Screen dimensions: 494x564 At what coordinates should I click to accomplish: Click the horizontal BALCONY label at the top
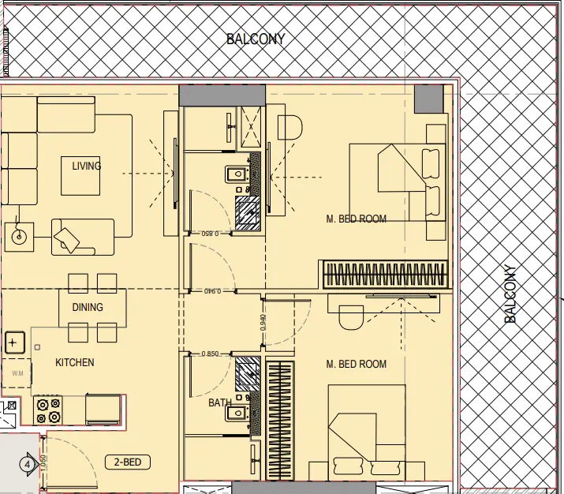click(x=256, y=39)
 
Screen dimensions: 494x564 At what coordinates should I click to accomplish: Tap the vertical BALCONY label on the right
click(x=510, y=294)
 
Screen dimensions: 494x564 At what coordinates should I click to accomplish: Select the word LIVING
click(x=86, y=166)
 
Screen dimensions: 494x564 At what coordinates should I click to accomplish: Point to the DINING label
click(x=88, y=307)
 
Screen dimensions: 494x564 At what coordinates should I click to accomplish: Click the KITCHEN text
click(x=74, y=362)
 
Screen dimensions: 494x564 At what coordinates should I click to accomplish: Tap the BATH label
click(x=219, y=402)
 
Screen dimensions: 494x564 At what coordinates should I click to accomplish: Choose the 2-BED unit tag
click(x=128, y=462)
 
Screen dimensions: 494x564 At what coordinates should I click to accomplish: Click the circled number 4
click(x=28, y=464)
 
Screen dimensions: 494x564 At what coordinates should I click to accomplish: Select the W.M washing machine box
click(x=16, y=373)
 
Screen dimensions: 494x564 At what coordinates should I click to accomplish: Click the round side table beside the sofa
click(x=19, y=234)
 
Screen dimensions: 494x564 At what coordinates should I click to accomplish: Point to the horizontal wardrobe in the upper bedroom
click(x=386, y=275)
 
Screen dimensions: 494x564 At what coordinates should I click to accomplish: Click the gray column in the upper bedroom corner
click(x=428, y=99)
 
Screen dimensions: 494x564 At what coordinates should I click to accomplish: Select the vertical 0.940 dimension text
click(x=262, y=322)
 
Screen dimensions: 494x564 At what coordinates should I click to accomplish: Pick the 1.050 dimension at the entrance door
click(x=43, y=463)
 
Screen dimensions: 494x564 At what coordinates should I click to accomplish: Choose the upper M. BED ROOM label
click(x=357, y=219)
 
